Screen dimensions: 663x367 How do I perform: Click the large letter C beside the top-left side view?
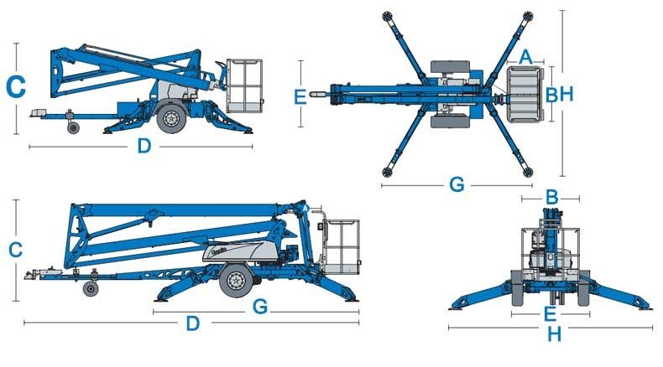click(16, 86)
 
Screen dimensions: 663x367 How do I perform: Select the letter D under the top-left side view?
click(144, 146)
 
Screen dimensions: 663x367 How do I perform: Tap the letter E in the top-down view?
click(300, 96)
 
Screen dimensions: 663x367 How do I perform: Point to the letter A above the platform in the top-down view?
click(525, 57)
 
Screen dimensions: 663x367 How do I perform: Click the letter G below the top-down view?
click(457, 184)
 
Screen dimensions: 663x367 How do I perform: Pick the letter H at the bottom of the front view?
click(555, 334)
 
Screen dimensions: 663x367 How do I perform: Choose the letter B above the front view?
click(551, 197)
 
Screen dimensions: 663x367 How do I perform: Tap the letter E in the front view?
click(550, 314)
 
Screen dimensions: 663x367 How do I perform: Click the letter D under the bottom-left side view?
click(193, 323)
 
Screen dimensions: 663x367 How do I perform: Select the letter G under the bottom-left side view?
click(260, 307)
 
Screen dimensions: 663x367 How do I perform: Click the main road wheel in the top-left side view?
click(171, 118)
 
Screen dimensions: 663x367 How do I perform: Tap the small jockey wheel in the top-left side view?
click(73, 127)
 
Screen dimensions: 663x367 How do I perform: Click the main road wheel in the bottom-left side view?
click(236, 280)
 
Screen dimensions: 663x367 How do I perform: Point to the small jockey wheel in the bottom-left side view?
click(91, 289)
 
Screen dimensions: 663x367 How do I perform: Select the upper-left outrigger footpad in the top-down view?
click(387, 16)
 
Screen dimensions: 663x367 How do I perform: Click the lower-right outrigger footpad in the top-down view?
click(528, 172)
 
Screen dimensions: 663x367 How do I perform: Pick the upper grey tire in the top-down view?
click(450, 66)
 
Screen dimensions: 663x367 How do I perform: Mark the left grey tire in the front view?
click(518, 288)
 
